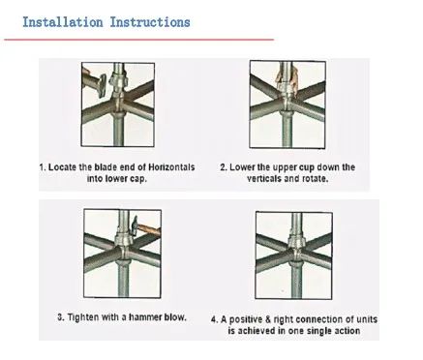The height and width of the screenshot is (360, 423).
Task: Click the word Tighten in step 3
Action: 77,317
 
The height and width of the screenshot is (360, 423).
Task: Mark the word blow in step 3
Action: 174,317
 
